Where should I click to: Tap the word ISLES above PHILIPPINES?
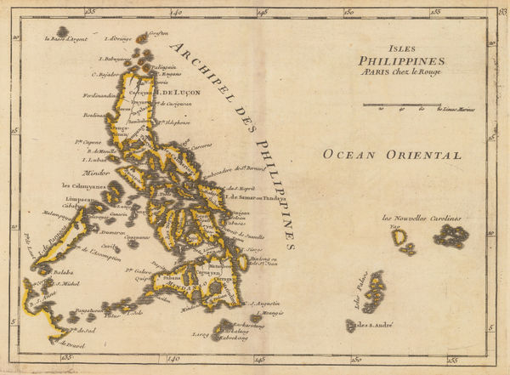396,48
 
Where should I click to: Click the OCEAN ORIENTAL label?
392,155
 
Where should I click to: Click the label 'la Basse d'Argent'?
69,39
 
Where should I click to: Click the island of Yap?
398,237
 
